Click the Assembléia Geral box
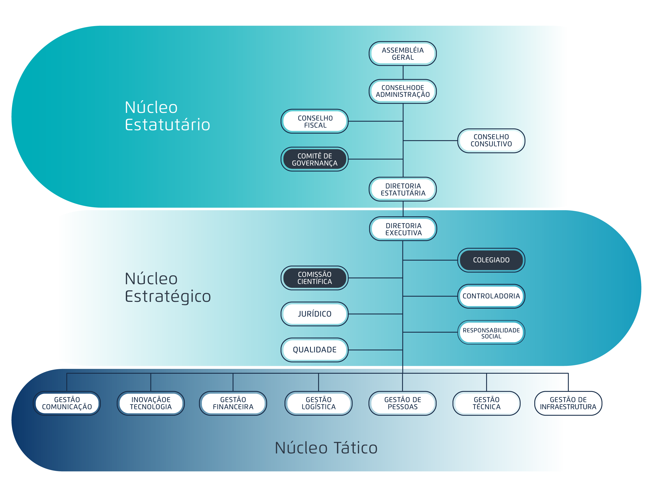(x=402, y=54)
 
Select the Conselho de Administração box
(x=402, y=91)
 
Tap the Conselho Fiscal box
(x=315, y=122)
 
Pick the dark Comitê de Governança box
(x=315, y=159)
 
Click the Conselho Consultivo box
(x=491, y=141)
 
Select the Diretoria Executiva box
(x=403, y=229)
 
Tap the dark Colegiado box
(x=491, y=260)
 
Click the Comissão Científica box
(x=315, y=278)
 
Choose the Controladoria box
(x=491, y=296)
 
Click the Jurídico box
(x=315, y=314)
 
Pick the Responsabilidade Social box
(x=491, y=333)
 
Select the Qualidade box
(x=315, y=350)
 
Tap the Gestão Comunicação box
(x=67, y=403)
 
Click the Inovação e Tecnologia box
(x=151, y=403)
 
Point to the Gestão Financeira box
(x=233, y=403)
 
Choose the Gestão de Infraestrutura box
(x=568, y=403)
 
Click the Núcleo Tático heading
(x=326, y=448)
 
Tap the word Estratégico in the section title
(x=168, y=296)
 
